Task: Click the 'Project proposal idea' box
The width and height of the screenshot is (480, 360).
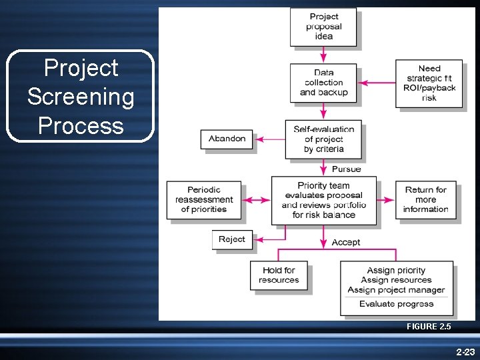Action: (x=323, y=27)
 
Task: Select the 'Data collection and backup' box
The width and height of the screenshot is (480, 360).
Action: (x=323, y=83)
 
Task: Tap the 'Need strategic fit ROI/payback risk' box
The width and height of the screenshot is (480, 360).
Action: (x=429, y=83)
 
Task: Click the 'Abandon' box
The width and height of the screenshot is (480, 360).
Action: (x=227, y=139)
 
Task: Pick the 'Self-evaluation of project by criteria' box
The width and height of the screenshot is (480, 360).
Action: (x=323, y=139)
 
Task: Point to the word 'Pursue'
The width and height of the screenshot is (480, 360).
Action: (x=346, y=169)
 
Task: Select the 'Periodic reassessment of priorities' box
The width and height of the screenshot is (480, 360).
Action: (x=204, y=199)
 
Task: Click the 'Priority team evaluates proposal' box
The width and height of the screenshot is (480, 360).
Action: (x=323, y=200)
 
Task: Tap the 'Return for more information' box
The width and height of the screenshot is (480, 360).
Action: (x=425, y=199)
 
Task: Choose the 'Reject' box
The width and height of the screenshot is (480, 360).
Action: (x=232, y=239)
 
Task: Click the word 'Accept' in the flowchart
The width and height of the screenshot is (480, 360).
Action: (x=346, y=242)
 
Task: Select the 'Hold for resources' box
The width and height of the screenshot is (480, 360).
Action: (x=279, y=275)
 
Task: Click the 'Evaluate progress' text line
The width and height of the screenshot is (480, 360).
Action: (x=396, y=304)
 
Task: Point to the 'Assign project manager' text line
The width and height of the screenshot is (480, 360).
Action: (x=396, y=290)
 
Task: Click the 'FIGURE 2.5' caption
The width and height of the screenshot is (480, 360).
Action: (x=429, y=327)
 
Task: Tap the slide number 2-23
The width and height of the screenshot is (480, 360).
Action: (x=465, y=351)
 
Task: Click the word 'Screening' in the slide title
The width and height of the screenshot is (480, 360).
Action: (x=81, y=97)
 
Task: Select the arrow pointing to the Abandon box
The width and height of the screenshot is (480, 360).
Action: (x=269, y=139)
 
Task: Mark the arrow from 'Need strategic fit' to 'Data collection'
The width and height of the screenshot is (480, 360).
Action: (x=377, y=83)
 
